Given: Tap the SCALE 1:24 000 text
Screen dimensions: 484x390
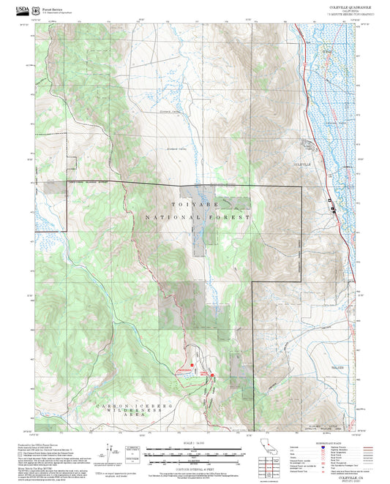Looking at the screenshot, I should coord(194,442).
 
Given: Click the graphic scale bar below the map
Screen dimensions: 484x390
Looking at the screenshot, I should coord(194,453).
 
